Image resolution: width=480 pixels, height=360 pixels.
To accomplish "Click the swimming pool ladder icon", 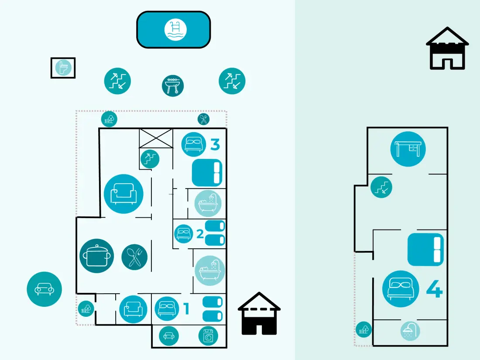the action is (175, 30).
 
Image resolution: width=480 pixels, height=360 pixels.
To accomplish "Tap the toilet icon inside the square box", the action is (63, 68).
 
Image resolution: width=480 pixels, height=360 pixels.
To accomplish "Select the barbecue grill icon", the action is (173, 86).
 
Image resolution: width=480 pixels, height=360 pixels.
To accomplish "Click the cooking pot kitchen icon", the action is (97, 256).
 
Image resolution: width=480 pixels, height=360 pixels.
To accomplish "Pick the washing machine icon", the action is (208, 336).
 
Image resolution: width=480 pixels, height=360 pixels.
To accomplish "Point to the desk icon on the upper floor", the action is (408, 149).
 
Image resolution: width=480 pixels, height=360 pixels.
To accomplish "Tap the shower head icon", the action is (410, 331).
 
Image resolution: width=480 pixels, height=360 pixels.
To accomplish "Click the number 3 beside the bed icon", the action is (215, 144).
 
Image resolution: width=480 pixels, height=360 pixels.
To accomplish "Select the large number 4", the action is (434, 289).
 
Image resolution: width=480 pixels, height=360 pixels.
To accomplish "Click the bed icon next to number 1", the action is (167, 309).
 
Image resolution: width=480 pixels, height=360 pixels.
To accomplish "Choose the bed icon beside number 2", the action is (184, 234).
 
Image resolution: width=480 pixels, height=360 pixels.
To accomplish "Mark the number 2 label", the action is (200, 234).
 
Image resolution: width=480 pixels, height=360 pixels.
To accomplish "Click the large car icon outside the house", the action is (45, 289).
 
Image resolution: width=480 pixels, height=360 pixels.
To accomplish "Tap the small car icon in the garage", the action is (169, 336).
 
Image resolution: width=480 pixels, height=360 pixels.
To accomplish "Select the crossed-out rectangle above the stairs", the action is (156, 138).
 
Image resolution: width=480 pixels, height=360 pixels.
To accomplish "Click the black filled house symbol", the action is (259, 313).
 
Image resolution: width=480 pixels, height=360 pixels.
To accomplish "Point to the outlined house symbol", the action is (447, 48).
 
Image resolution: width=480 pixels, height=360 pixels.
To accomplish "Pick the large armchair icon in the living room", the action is (123, 194).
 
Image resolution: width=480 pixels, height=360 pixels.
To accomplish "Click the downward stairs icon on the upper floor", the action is (381, 187).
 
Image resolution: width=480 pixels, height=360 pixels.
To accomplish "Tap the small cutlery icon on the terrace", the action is (204, 119).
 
